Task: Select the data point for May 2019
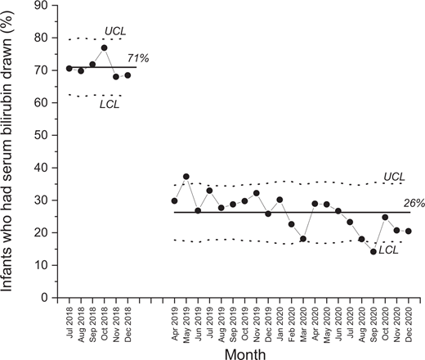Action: (x=186, y=177)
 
